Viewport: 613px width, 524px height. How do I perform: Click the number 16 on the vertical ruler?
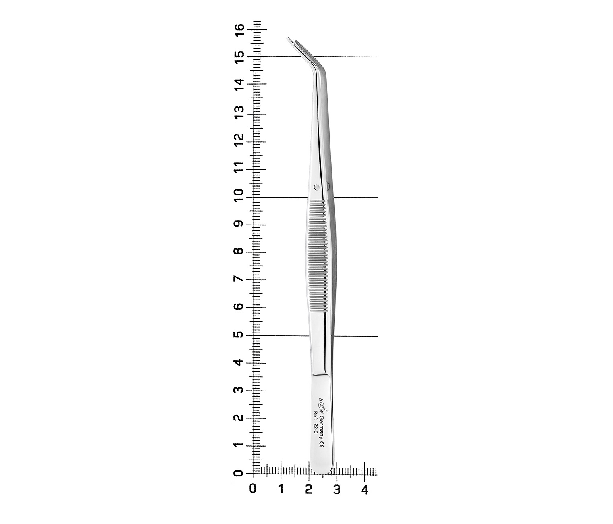pyautogui.click(x=239, y=30)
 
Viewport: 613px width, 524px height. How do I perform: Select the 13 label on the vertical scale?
pyautogui.click(x=239, y=112)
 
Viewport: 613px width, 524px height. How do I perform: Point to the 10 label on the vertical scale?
pyautogui.click(x=239, y=195)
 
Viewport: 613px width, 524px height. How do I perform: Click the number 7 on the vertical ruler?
pyautogui.click(x=239, y=279)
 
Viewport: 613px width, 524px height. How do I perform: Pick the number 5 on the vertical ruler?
pyautogui.click(x=239, y=335)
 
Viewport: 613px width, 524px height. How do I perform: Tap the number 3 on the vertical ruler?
pyautogui.click(x=239, y=390)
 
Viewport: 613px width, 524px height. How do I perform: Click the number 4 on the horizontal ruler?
pyautogui.click(x=364, y=490)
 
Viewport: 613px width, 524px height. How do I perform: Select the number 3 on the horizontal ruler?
pyautogui.click(x=337, y=490)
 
